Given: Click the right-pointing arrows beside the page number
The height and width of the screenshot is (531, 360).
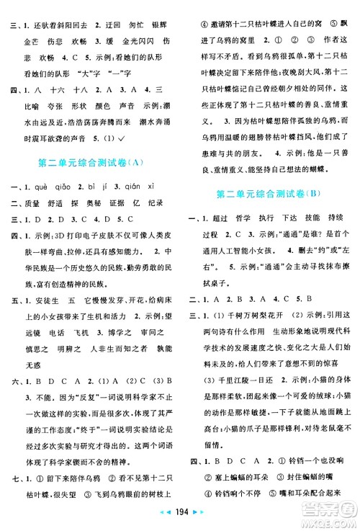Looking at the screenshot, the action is [195, 519].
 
